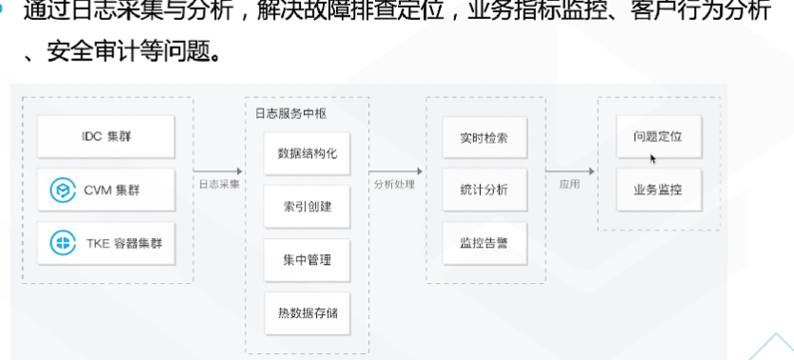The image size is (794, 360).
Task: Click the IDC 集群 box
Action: (x=106, y=137)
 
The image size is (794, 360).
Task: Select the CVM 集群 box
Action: (x=106, y=191)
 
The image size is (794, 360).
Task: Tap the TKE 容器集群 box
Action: (x=106, y=244)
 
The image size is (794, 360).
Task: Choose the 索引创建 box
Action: (x=307, y=206)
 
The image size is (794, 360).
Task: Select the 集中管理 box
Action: (x=307, y=258)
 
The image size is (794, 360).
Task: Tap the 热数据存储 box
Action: (x=307, y=311)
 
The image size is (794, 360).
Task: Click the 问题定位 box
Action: (x=657, y=137)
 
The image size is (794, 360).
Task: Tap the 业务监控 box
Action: (x=657, y=190)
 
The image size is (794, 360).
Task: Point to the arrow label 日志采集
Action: (x=219, y=184)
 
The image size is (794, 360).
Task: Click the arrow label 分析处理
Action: (x=395, y=184)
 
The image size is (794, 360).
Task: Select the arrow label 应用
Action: (x=569, y=184)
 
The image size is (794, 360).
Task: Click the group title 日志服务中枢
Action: (x=290, y=112)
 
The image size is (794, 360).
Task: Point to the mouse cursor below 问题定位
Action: (x=652, y=158)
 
